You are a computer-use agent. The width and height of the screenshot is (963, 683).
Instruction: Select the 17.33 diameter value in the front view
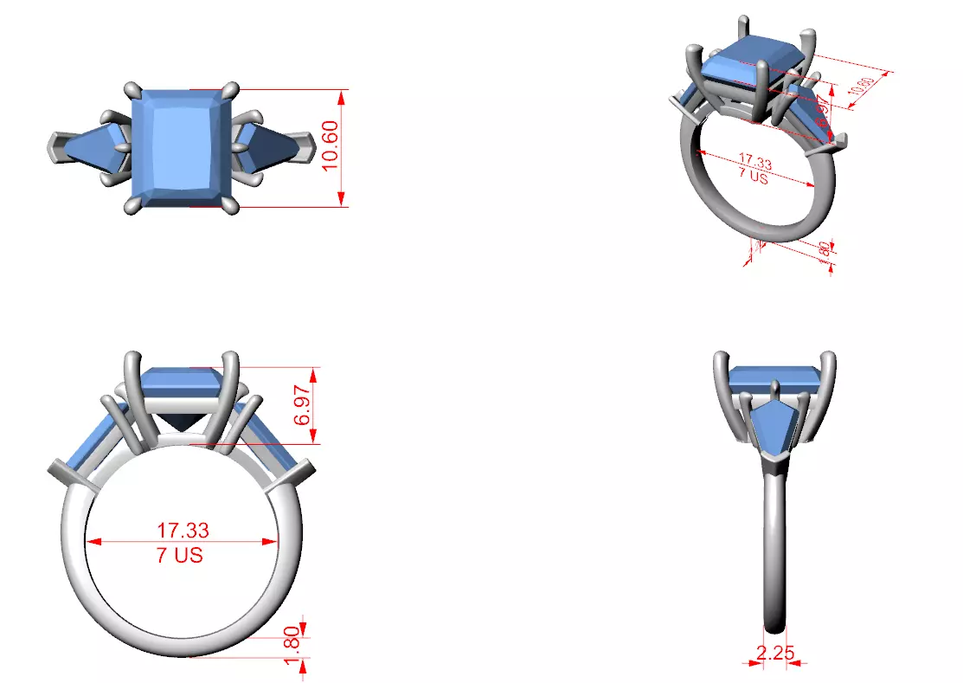[x=183, y=529]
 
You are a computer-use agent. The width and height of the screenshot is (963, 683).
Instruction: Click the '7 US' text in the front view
[x=180, y=556]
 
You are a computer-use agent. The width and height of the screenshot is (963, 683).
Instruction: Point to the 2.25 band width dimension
[x=775, y=653]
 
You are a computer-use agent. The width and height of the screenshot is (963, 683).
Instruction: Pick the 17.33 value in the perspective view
[x=754, y=162]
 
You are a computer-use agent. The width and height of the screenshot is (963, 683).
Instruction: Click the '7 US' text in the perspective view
[x=753, y=176]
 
